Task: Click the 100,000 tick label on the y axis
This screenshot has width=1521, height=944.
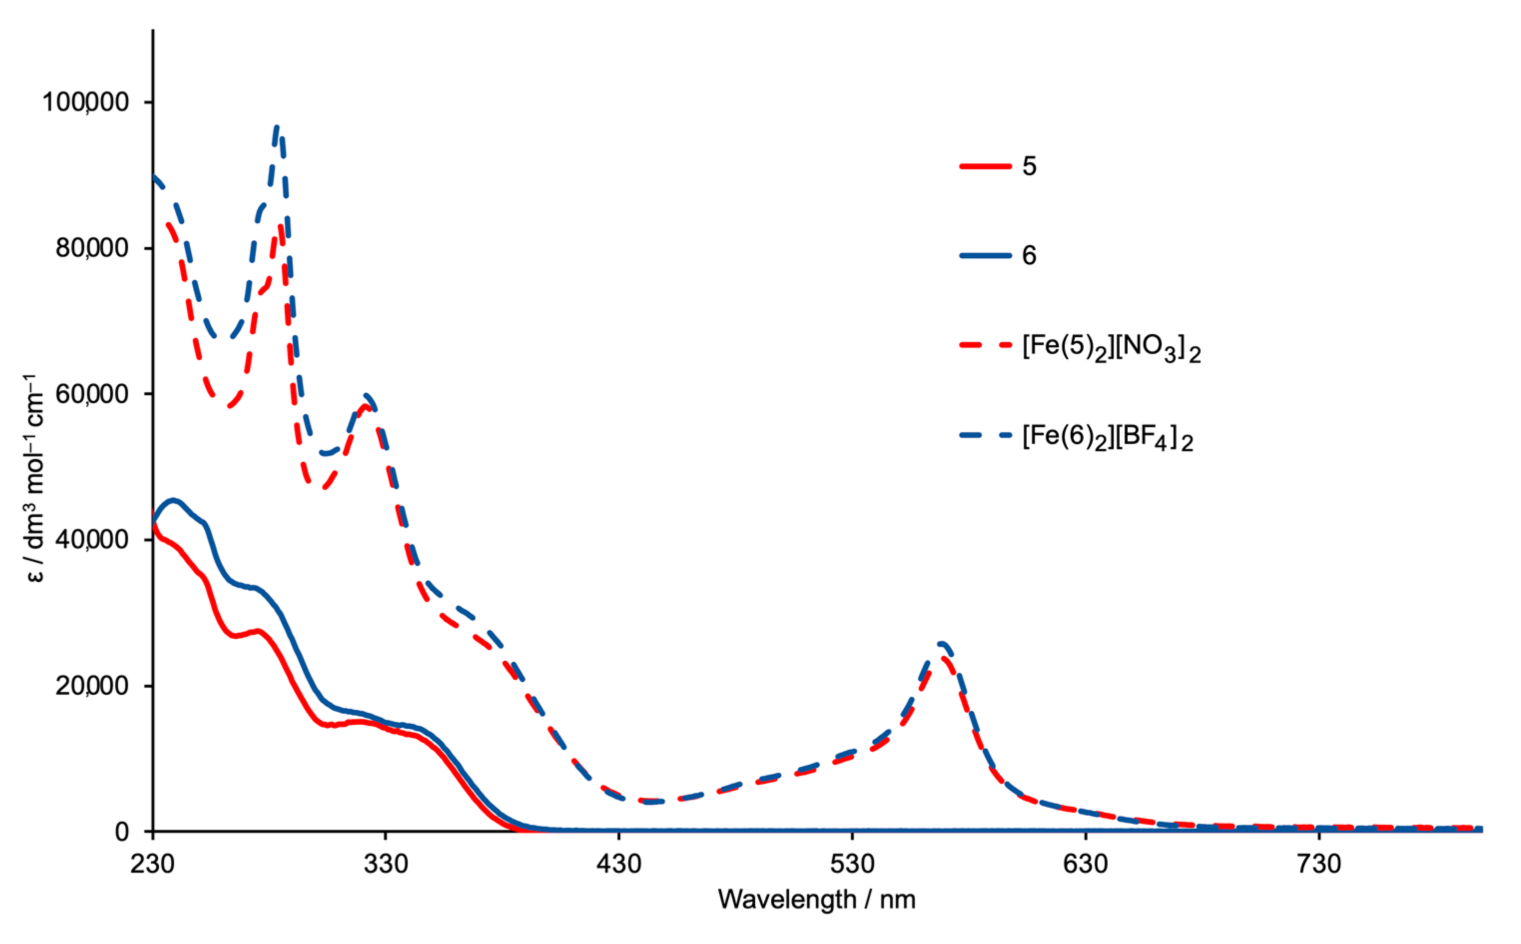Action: (85, 102)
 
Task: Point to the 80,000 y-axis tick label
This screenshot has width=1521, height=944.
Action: (92, 248)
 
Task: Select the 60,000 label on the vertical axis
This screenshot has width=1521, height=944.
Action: (92, 394)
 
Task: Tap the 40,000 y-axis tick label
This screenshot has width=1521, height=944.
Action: (92, 539)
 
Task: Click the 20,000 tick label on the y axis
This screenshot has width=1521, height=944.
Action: (92, 685)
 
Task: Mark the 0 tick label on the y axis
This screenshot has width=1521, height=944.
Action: (122, 832)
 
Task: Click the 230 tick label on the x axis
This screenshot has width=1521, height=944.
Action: (152, 864)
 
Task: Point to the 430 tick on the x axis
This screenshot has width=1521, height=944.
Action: (619, 864)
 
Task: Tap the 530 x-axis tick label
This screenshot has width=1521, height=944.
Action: (852, 864)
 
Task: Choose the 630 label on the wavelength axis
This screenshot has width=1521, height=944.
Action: (1086, 864)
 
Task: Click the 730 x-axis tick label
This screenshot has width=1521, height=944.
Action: (1319, 864)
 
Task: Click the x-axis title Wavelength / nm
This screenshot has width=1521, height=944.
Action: (817, 900)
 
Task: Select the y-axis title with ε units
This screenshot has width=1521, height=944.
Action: (36, 478)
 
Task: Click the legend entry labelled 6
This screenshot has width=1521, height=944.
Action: (1029, 255)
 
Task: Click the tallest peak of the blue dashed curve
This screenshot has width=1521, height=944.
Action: (277, 127)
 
